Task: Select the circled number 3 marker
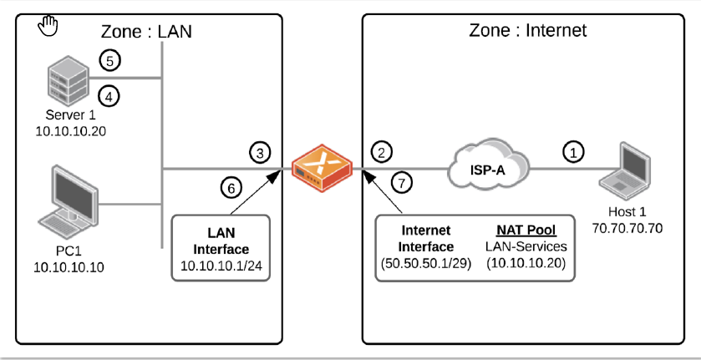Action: (x=260, y=152)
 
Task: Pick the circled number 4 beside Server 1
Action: (x=109, y=95)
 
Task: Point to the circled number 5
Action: (x=109, y=60)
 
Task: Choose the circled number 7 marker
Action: (x=402, y=180)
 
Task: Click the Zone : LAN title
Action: (x=146, y=32)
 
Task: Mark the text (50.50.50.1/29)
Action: (x=427, y=264)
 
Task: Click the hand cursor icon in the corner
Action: (x=49, y=25)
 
